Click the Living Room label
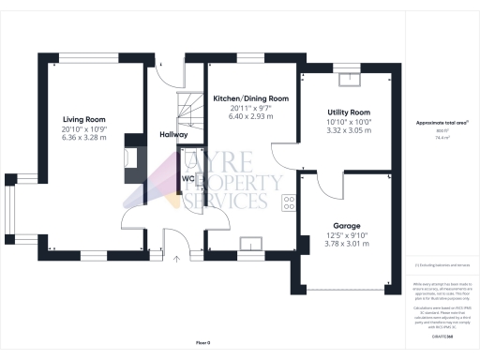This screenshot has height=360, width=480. (84, 119)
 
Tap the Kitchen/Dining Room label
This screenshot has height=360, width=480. (250, 98)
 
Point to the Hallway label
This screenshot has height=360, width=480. (174, 135)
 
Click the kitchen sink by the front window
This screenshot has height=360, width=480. (250, 246)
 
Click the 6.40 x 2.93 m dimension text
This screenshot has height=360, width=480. (250, 117)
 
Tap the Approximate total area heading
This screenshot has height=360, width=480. (442, 123)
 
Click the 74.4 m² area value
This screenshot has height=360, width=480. (442, 136)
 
